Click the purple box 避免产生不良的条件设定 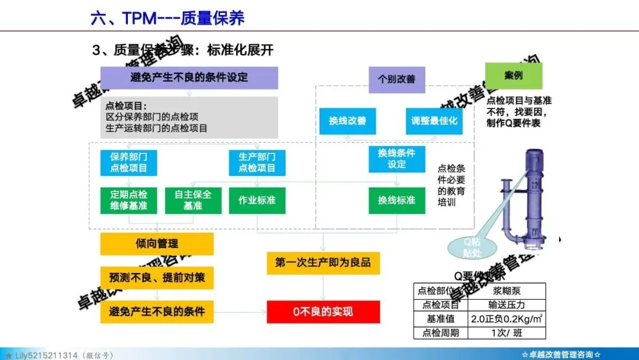pyautogui.click(x=189, y=78)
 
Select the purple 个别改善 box pyautogui.click(x=396, y=79)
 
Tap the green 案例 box pyautogui.click(x=513, y=76)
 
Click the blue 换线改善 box pyautogui.click(x=347, y=121)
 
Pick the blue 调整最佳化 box pyautogui.click(x=434, y=121)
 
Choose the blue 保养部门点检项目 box pyautogui.click(x=128, y=162)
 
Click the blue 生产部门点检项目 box pyautogui.click(x=257, y=162)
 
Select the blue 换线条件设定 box pyautogui.click(x=396, y=159)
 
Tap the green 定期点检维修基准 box pyautogui.click(x=128, y=200)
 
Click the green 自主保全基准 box pyautogui.click(x=193, y=200)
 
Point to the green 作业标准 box pyautogui.click(x=257, y=200)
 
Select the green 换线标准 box pyautogui.click(x=396, y=200)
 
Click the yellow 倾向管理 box pyautogui.click(x=156, y=244)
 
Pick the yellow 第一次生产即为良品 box pyautogui.click(x=322, y=262)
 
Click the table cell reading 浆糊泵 pyautogui.click(x=506, y=291)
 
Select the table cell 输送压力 pyautogui.click(x=506, y=305)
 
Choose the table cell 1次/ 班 pyautogui.click(x=506, y=333)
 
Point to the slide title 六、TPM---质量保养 pyautogui.click(x=167, y=18)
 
